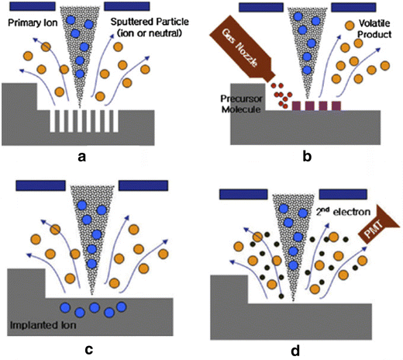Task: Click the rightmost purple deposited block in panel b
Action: [x=336, y=106]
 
